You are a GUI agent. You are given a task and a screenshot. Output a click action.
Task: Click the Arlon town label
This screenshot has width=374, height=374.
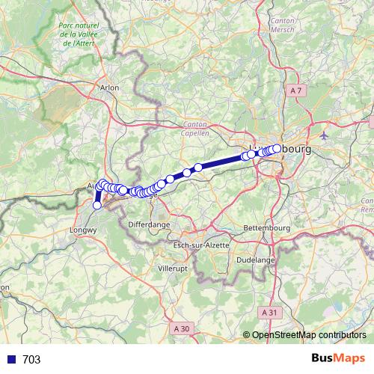tap(109, 88)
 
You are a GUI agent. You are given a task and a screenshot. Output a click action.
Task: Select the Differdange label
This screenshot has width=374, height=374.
tap(149, 224)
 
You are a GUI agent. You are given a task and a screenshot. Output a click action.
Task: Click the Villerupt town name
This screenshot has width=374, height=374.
tap(174, 267)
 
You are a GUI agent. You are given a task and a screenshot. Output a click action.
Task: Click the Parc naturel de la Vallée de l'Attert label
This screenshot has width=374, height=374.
tap(78, 34)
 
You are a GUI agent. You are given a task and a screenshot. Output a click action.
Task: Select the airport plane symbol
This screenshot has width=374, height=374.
tap(323, 136)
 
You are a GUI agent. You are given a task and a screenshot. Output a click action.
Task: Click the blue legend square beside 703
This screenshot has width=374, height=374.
tap(10, 359)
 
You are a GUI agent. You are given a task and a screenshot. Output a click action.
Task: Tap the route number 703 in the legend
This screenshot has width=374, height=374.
tap(32, 359)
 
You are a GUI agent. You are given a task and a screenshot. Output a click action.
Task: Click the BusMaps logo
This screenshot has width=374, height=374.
tap(339, 358)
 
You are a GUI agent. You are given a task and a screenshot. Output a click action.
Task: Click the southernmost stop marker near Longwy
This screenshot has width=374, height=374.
tap(97, 205)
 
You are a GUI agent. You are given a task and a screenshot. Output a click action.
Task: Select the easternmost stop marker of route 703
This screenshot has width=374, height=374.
tap(277, 149)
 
